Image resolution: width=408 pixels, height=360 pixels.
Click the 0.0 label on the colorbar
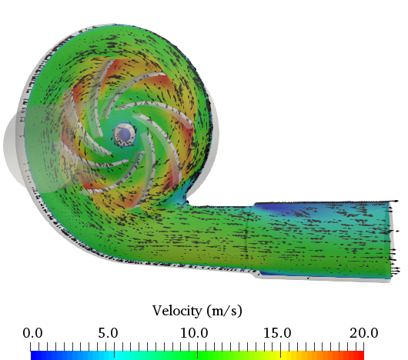[32, 333]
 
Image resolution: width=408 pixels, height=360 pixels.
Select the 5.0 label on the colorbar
[108, 333]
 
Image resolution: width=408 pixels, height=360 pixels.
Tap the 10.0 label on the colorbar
[194, 333]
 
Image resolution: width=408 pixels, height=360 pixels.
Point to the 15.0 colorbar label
[277, 333]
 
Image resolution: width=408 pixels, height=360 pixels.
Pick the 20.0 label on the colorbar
[364, 333]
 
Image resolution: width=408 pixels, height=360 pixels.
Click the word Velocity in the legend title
[177, 311]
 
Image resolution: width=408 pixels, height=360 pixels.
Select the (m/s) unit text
[225, 311]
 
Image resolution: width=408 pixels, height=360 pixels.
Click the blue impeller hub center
[125, 135]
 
